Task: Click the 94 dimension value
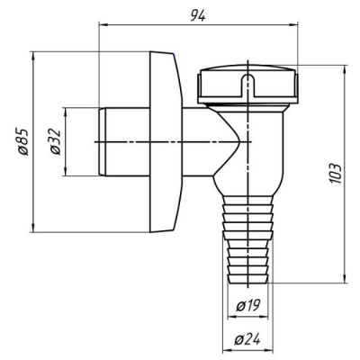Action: pyautogui.click(x=198, y=15)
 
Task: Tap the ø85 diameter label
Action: pyautogui.click(x=23, y=141)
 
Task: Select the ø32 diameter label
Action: pyautogui.click(x=56, y=141)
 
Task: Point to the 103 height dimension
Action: pyautogui.click(x=335, y=173)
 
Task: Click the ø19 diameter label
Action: pyautogui.click(x=248, y=306)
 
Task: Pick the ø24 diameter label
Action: pyautogui.click(x=247, y=340)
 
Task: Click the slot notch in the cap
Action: pyautogui.click(x=247, y=84)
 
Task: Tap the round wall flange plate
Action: pyautogui.click(x=166, y=142)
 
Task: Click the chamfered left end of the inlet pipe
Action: pyautogui.click(x=102, y=141)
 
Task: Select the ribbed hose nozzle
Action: pyautogui.click(x=247, y=239)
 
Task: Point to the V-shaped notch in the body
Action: pyautogui.click(x=229, y=141)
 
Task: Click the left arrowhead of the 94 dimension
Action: pyautogui.click(x=103, y=25)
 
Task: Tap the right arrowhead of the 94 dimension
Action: pyautogui.click(x=293, y=25)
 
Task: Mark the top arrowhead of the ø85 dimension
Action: pyautogui.click(x=33, y=56)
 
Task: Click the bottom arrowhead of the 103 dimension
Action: pyautogui.click(x=345, y=278)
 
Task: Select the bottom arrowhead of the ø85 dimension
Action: pyautogui.click(x=33, y=228)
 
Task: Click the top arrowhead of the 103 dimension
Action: pyautogui.click(x=345, y=69)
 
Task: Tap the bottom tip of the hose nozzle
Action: pyautogui.click(x=247, y=283)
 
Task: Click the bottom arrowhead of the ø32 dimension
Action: pyautogui.click(x=66, y=172)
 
